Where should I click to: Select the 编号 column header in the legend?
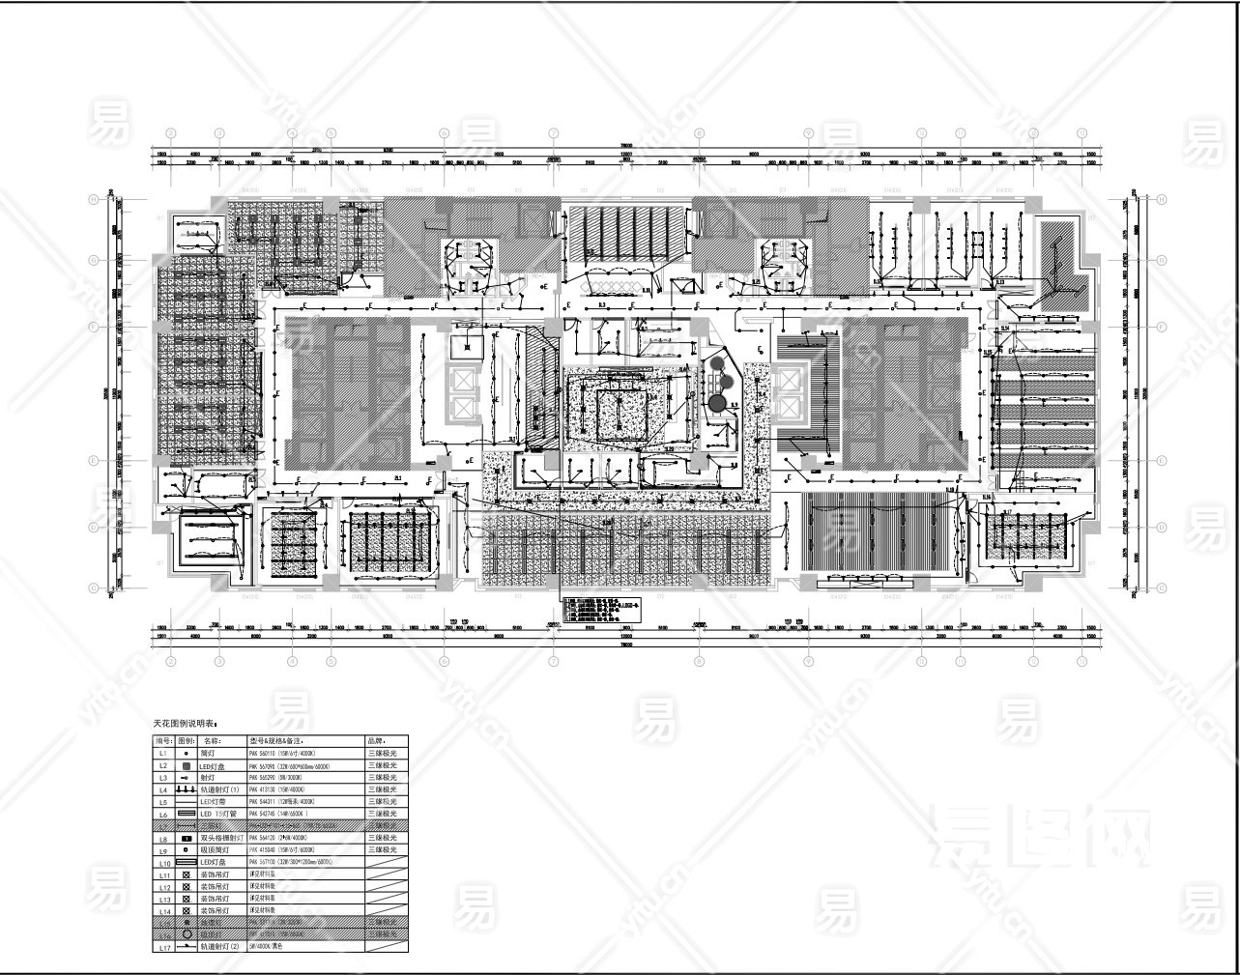point(162,741)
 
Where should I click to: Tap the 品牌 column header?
point(376,741)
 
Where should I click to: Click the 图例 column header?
point(187,741)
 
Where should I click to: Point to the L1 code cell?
point(162,753)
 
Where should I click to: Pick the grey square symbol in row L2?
point(187,765)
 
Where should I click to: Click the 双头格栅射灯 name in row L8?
point(221,839)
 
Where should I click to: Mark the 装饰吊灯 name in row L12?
point(215,887)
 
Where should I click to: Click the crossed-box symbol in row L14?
point(187,911)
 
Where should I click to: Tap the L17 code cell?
point(162,948)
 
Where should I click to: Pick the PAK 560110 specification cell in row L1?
point(289,753)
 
